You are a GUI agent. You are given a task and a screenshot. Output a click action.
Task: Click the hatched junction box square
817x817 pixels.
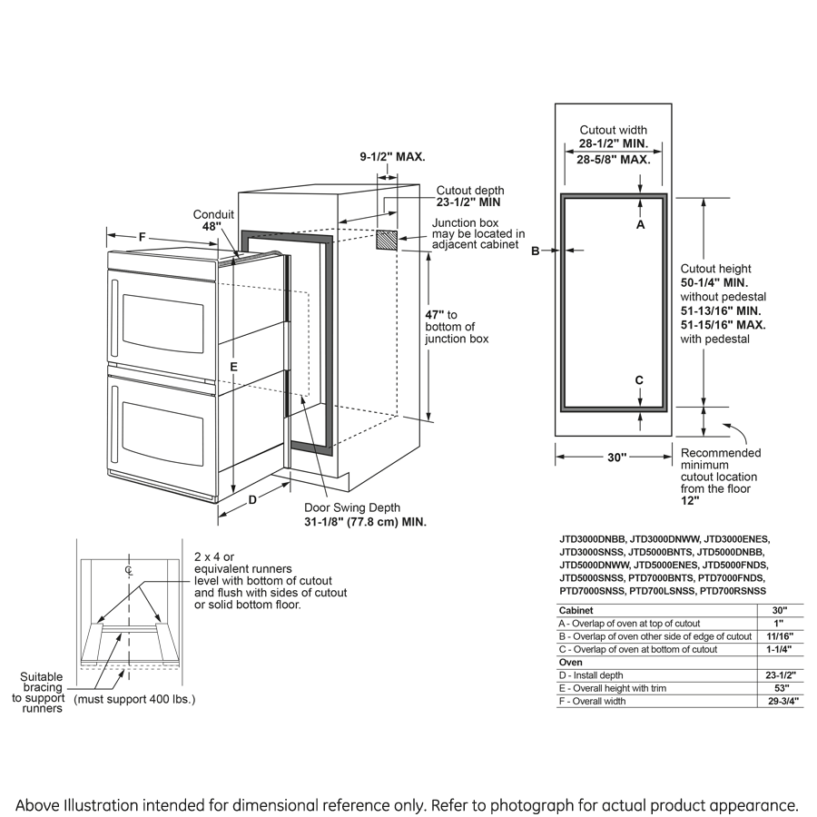(x=387, y=240)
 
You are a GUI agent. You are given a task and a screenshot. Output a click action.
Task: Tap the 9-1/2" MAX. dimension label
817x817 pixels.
(x=392, y=156)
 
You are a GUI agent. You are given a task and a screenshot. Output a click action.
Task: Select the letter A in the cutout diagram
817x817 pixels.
(x=640, y=224)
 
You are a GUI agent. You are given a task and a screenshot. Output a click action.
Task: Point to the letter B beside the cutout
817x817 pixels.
(x=536, y=251)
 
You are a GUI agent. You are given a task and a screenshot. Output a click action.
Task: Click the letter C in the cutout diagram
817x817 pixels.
(x=639, y=380)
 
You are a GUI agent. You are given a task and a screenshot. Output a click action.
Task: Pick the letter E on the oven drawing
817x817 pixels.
(x=233, y=366)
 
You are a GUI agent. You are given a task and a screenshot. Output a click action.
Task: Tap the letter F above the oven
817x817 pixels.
(x=143, y=237)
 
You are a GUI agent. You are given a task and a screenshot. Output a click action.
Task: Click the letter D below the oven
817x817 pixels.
(x=253, y=498)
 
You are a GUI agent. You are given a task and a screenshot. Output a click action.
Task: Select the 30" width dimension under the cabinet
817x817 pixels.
(x=616, y=458)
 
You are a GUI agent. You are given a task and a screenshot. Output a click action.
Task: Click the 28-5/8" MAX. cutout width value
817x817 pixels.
(x=613, y=160)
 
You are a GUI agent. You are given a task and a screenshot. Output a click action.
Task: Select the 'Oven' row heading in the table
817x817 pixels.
(x=570, y=662)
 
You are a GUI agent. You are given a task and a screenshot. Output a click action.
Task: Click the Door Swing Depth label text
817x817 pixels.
(x=352, y=508)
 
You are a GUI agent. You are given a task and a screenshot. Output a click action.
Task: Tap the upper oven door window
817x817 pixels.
(x=162, y=323)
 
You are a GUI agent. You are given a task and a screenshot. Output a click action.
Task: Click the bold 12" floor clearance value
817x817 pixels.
(x=690, y=500)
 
